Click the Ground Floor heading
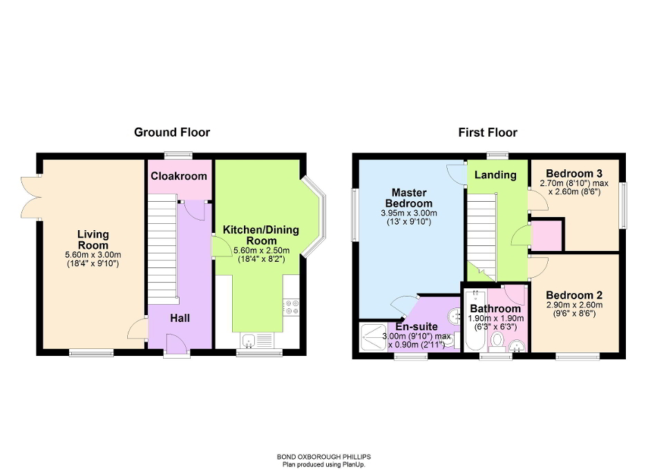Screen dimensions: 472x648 pos(172,132)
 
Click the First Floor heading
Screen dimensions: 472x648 pos(488,132)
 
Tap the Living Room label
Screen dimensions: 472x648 pos(92,240)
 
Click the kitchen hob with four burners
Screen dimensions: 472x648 pos(291,306)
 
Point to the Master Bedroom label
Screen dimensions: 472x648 pos(412,198)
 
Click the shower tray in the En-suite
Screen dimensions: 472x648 pos(373,337)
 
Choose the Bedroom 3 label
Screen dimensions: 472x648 pos(573,173)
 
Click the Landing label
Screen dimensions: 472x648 pos(495,175)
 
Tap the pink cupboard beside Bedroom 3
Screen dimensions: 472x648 pos(548,234)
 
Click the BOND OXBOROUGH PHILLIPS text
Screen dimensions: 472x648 pos(323,457)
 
